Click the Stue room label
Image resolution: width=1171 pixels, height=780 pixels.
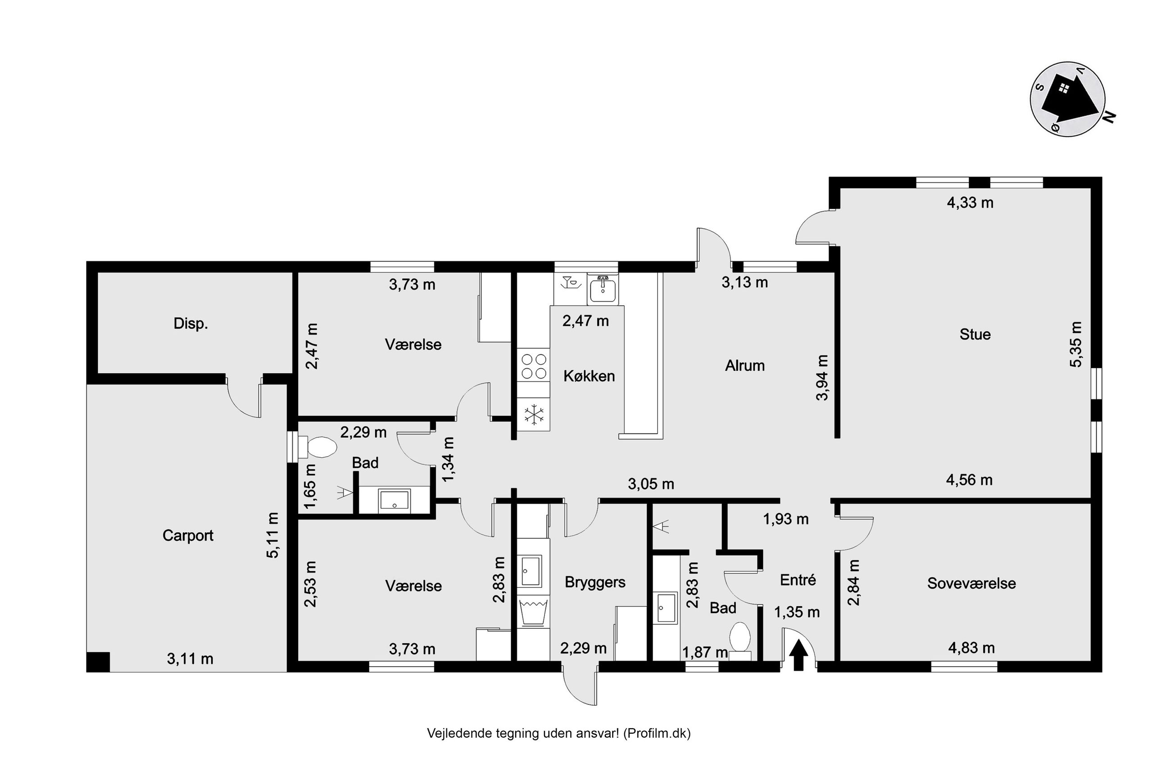pos(975,334)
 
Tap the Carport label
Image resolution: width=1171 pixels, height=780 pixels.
pos(188,535)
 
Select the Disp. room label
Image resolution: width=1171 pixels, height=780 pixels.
pos(191,324)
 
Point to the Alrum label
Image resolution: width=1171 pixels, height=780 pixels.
pos(744,365)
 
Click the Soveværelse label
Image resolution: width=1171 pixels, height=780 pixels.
pos(971,583)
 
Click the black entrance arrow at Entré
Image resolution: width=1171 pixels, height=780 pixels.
pos(798,655)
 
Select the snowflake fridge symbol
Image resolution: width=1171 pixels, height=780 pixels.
pos(534,415)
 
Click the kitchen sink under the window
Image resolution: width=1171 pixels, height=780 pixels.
pos(603,289)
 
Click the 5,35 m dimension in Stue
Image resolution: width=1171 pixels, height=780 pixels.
pos(1076,344)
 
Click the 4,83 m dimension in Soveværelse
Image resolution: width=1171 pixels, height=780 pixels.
pos(971,648)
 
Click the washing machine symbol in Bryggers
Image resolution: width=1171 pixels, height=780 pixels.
pos(533,613)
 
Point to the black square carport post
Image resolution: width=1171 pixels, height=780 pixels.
pos(98,662)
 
